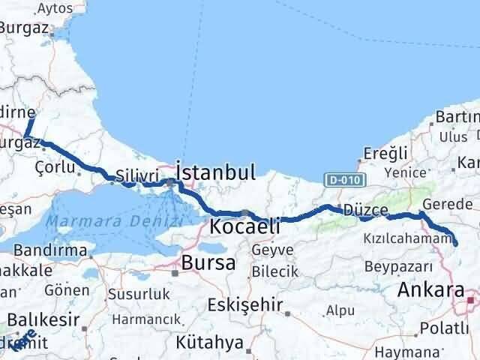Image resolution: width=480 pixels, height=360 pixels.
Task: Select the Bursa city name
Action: [x=208, y=262]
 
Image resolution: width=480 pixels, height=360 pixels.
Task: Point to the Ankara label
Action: [x=430, y=289]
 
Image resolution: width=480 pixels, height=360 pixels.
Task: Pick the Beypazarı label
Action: [x=398, y=266]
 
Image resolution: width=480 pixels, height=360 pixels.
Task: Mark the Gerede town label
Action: [x=448, y=204]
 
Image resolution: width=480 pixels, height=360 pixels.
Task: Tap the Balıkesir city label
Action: [x=46, y=319]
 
